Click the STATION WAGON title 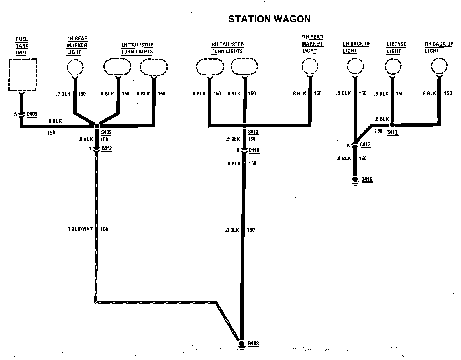pos(269,19)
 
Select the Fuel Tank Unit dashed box pos(23,75)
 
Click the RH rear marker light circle pos(310,67)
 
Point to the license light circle pos(393,67)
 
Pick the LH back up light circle pos(355,67)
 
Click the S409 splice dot pos(97,126)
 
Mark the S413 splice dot pos(244,126)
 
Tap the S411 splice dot pos(392,125)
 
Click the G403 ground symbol pos(242,344)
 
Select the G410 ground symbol pos(355,180)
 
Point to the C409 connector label pos(32,114)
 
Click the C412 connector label pos(107,148)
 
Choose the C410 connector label pos(254,150)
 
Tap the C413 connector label pos(365,144)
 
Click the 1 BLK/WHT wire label pos(80,229)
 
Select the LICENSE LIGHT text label pos(396,48)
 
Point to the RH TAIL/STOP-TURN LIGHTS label pos(227,48)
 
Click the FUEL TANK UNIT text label pos(22,46)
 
